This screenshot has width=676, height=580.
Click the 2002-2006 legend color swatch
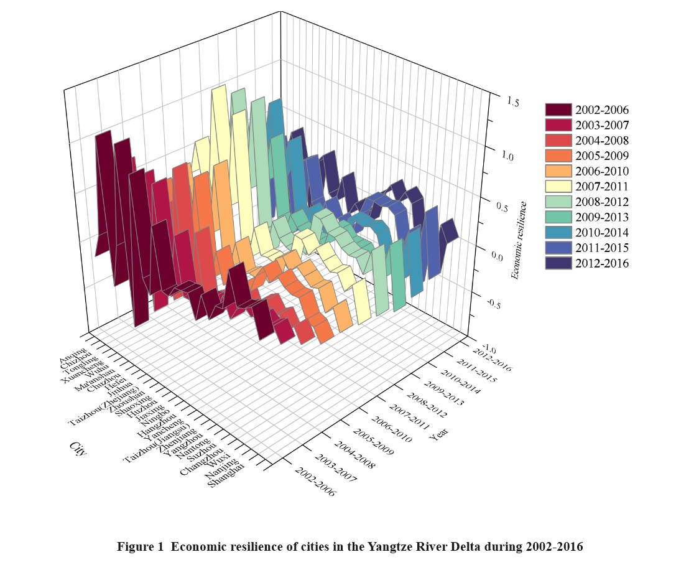click(558, 110)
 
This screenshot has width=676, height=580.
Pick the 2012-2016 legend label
click(602, 263)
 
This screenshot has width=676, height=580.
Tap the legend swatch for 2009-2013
click(558, 217)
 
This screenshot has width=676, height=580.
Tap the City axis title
click(77, 449)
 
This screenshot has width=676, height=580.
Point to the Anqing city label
click(74, 360)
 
